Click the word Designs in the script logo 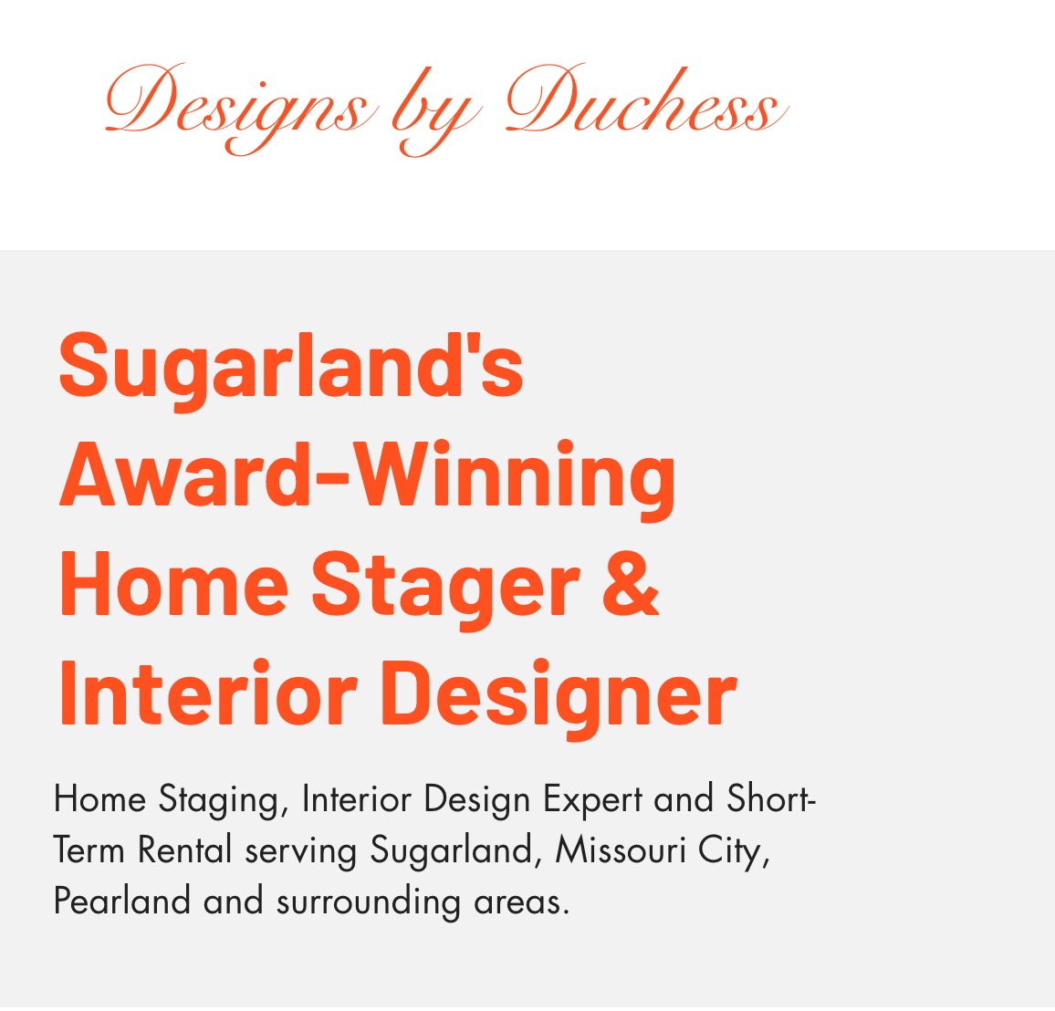pyautogui.click(x=239, y=108)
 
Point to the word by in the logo pyautogui.click(x=437, y=111)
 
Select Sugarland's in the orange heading pyautogui.click(x=291, y=370)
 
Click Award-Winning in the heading pyautogui.click(x=368, y=478)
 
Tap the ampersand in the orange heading pyautogui.click(x=631, y=583)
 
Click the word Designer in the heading pyautogui.click(x=559, y=697)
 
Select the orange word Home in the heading pyautogui.click(x=174, y=583)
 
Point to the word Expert pyautogui.click(x=593, y=801)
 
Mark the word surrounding pyautogui.click(x=369, y=902)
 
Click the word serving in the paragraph pyautogui.click(x=301, y=852)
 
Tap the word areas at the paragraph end pyautogui.click(x=521, y=903)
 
